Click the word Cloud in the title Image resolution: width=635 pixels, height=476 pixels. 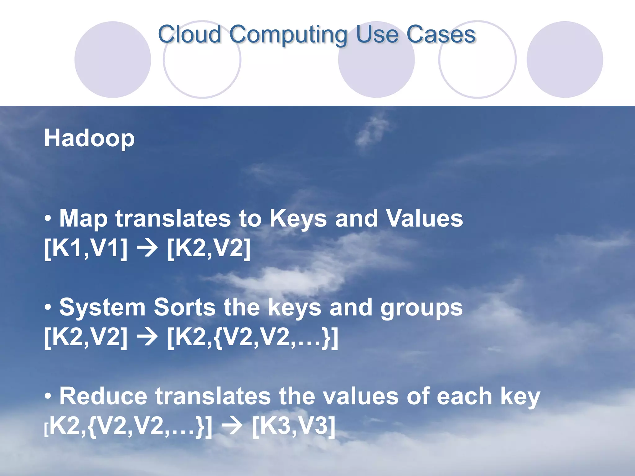(x=189, y=34)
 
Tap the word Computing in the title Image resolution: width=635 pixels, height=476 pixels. (x=288, y=35)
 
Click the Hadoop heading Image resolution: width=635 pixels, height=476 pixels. (x=89, y=138)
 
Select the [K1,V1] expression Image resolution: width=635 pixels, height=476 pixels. (x=86, y=248)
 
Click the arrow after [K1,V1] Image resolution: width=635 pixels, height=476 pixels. (x=148, y=249)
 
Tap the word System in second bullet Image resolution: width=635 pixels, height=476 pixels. (x=102, y=308)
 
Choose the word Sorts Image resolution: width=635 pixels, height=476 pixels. (x=184, y=307)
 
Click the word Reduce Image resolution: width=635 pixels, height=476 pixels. (x=103, y=396)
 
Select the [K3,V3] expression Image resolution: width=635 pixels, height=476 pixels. (x=294, y=426)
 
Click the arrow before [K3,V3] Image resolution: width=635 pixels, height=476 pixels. (x=233, y=426)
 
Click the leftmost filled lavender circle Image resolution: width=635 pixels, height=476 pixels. (x=113, y=59)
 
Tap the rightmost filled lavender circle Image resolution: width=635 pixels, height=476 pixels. (x=565, y=59)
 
